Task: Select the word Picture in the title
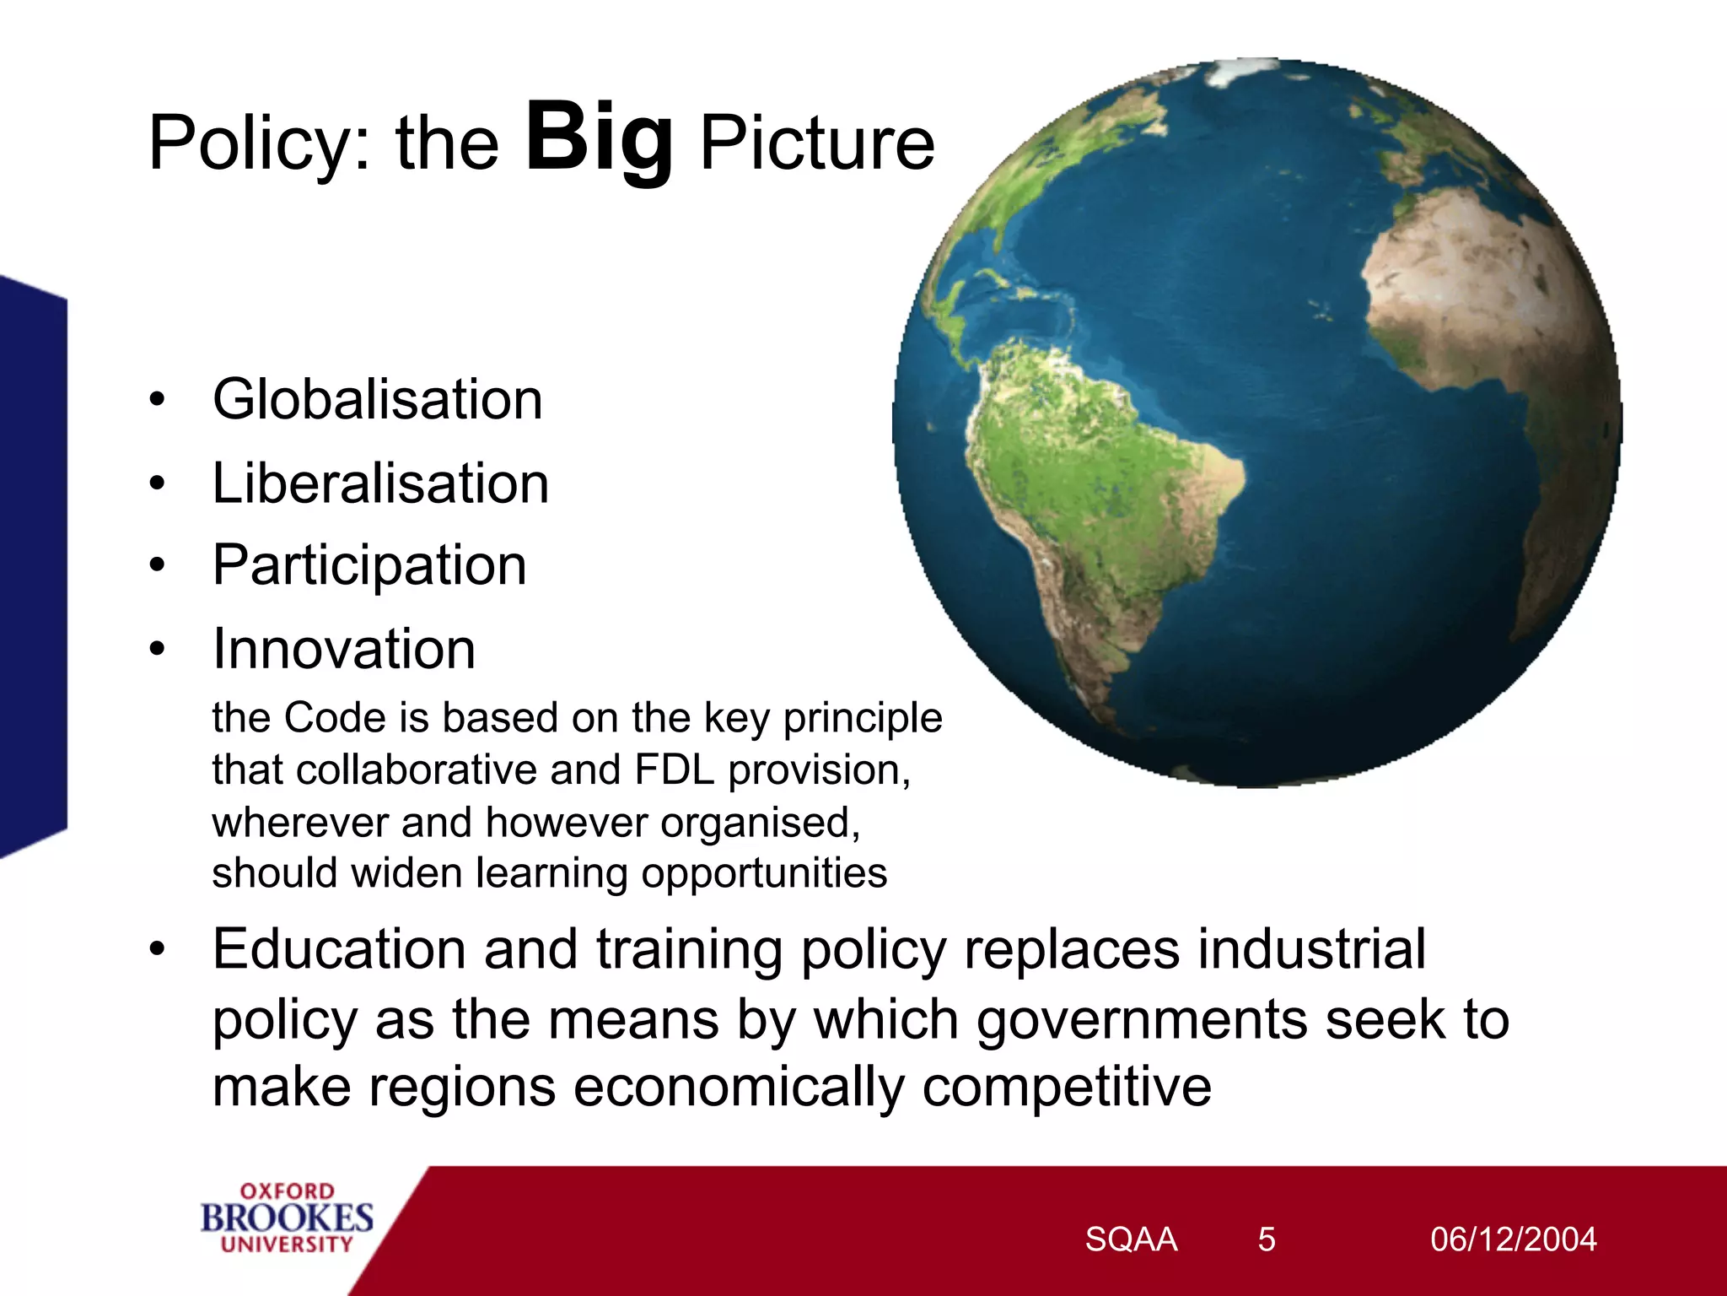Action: [x=816, y=143]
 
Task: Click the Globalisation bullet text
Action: [x=377, y=399]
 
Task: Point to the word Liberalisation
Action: [x=380, y=483]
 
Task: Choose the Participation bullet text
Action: [x=369, y=565]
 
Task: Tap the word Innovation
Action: [x=344, y=649]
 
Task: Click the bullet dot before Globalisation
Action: [x=157, y=399]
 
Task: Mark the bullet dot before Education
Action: [x=157, y=949]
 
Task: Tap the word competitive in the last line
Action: [x=1066, y=1087]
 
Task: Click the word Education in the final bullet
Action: [x=339, y=949]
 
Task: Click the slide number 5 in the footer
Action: [x=1266, y=1239]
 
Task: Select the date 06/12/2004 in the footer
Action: [x=1513, y=1239]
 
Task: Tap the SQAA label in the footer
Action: [x=1130, y=1239]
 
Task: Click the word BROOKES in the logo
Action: [x=287, y=1218]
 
